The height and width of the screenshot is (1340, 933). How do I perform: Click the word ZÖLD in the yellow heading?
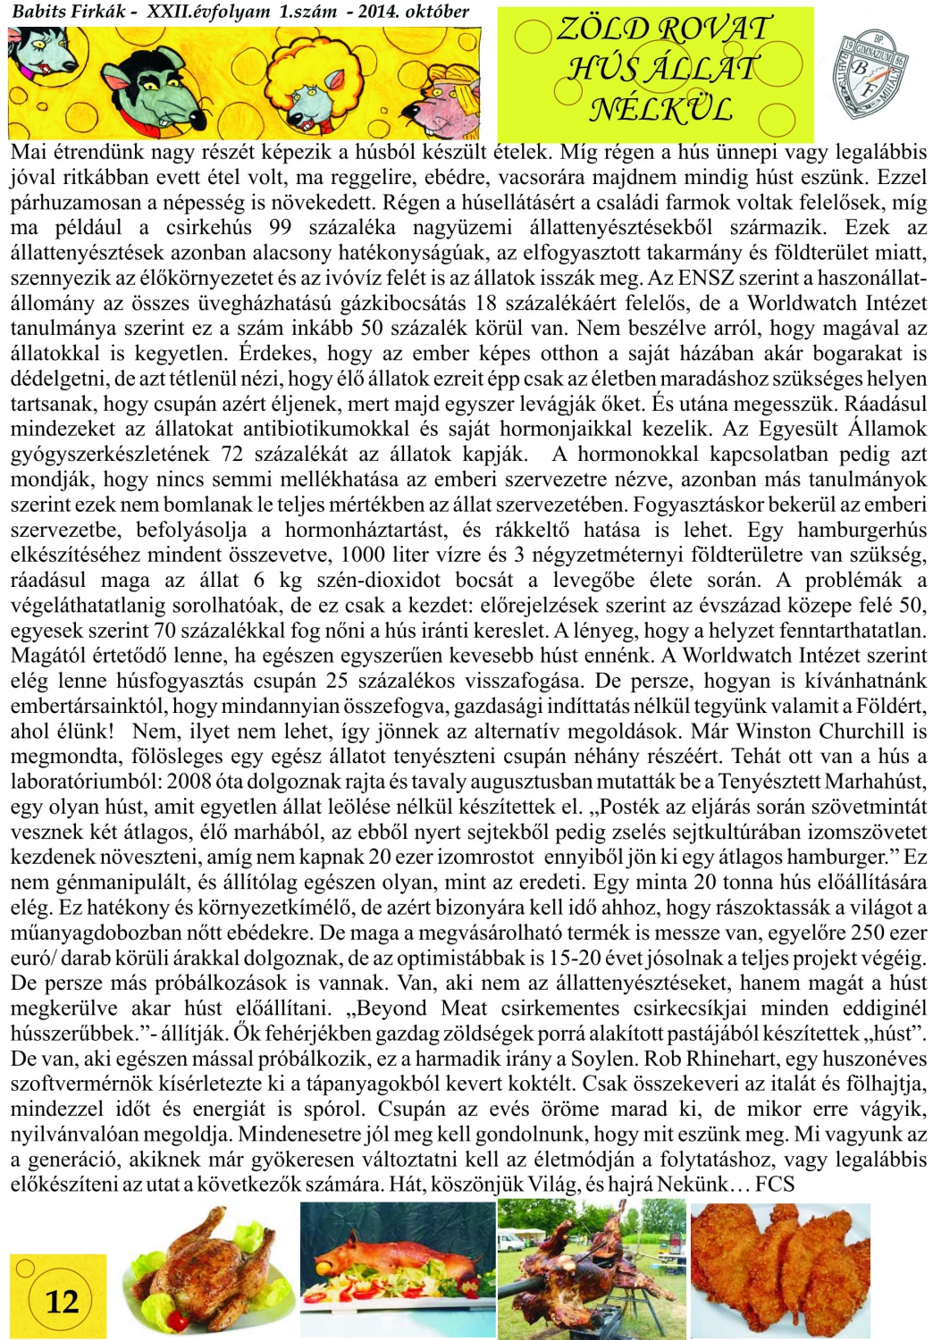point(602,29)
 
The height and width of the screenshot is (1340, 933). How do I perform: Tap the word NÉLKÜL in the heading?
point(660,109)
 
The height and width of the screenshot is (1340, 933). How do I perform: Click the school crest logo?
point(872,75)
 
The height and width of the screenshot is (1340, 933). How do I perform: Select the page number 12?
point(62,1301)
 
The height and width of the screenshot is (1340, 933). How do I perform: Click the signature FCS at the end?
point(775,1185)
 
